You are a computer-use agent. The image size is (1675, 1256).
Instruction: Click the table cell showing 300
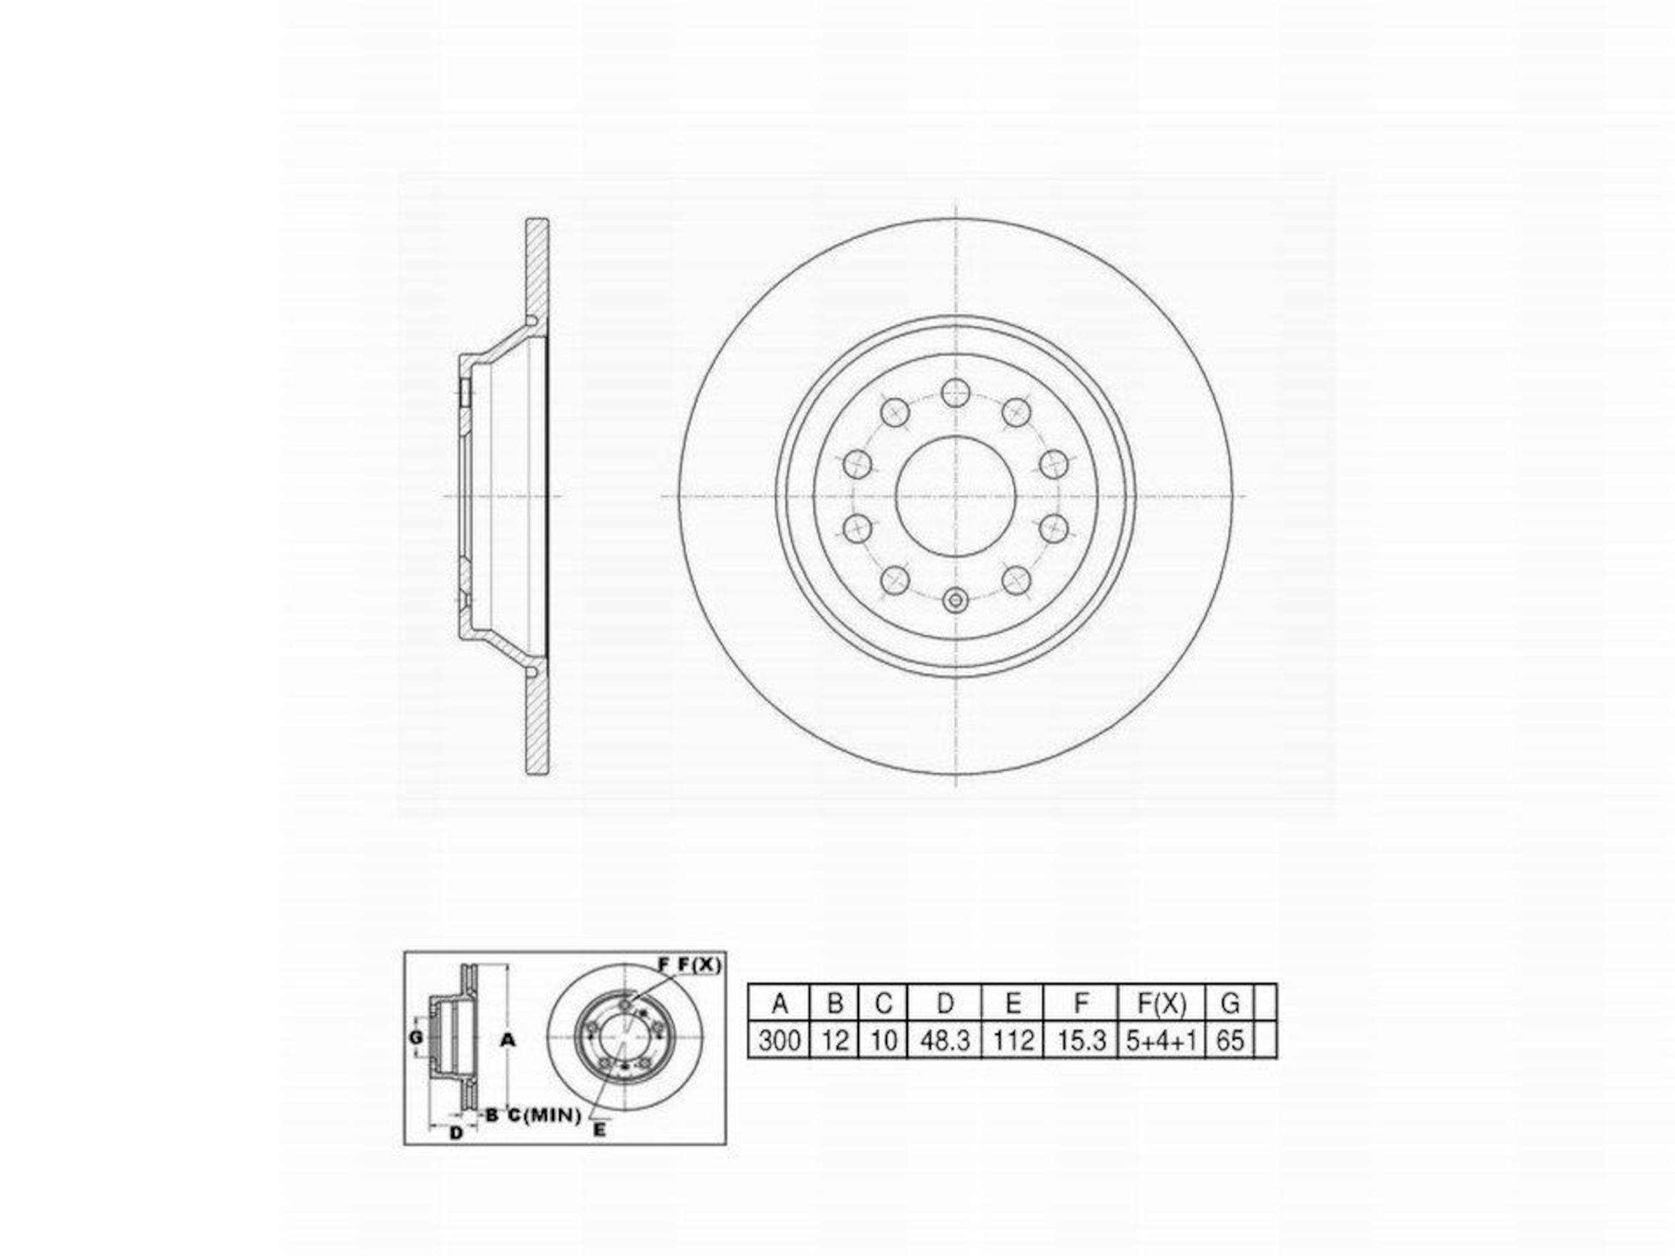(x=779, y=1040)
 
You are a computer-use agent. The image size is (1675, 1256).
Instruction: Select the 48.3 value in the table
(x=944, y=1040)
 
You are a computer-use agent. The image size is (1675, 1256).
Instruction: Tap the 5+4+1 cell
(x=1162, y=1040)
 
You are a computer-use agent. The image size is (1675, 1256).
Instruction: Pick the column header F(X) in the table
(x=1162, y=1003)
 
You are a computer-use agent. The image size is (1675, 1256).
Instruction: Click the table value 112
(x=1012, y=1040)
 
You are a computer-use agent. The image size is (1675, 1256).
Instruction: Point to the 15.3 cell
(x=1081, y=1040)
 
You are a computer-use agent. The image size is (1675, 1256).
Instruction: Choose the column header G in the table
(x=1229, y=1003)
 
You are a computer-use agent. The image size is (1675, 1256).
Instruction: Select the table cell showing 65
(x=1229, y=1040)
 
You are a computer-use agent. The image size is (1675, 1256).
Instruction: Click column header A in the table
(x=779, y=1003)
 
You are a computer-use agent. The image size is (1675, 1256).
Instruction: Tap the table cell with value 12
(x=833, y=1040)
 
